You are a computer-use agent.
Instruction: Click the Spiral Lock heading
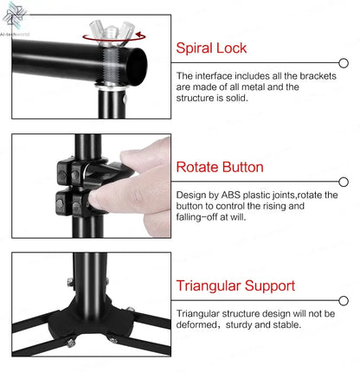click(x=211, y=48)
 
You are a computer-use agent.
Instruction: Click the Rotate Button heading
click(x=220, y=167)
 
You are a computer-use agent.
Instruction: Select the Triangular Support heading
click(x=236, y=285)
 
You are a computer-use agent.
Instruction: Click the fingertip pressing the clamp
click(x=102, y=202)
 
